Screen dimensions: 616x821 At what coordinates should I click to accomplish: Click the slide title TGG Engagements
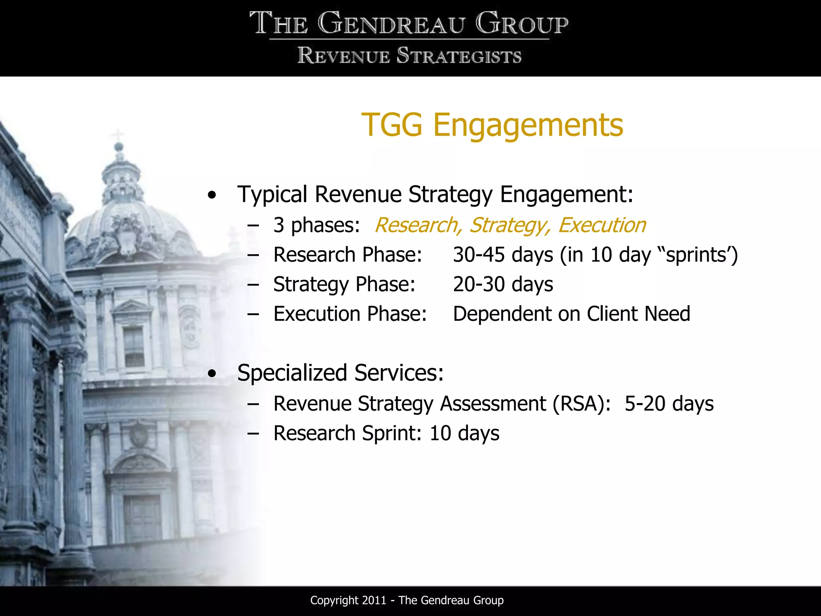pos(492,125)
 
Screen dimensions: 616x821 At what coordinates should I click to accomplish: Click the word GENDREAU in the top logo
pos(391,24)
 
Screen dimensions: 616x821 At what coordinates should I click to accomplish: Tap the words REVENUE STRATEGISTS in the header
pos(409,56)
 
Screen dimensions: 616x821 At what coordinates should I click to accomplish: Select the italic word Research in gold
pos(417,225)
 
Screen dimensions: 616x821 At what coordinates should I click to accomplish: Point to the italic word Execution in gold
pos(602,225)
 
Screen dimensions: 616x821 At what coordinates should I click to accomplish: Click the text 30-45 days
pos(503,255)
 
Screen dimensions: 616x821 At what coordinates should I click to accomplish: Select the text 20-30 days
pos(503,284)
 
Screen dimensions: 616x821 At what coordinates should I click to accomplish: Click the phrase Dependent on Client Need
pos(571,314)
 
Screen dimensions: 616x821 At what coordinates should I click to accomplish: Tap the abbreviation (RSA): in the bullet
pos(581,403)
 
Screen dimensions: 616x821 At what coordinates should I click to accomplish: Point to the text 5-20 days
pos(669,403)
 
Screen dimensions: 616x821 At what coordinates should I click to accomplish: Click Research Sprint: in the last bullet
pos(347,433)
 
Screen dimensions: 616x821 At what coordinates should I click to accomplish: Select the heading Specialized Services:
pos(340,373)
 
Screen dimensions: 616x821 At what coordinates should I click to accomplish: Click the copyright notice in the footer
pos(406,600)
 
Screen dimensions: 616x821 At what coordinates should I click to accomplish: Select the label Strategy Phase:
pos(344,284)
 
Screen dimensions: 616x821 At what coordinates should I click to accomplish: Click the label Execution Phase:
pos(350,314)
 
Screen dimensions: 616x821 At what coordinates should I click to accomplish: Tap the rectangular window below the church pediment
pos(134,347)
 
